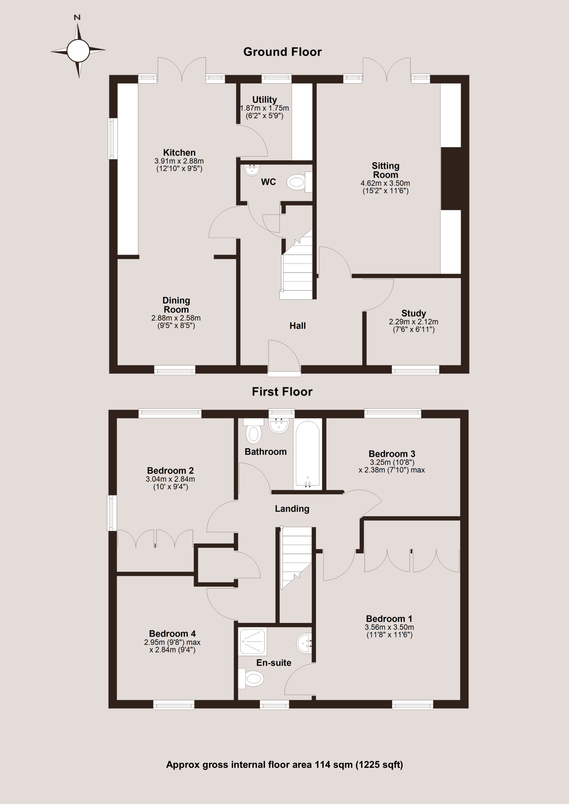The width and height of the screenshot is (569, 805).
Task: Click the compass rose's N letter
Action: pyautogui.click(x=77, y=18)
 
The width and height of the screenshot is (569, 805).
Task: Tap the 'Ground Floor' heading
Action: pyautogui.click(x=282, y=52)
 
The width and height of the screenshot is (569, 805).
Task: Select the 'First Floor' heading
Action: pyautogui.click(x=282, y=391)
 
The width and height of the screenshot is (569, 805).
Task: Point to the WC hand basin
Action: pyautogui.click(x=252, y=170)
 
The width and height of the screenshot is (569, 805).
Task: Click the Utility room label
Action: pyautogui.click(x=265, y=100)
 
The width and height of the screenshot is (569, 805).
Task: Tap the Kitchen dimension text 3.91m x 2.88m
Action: pyautogui.click(x=179, y=161)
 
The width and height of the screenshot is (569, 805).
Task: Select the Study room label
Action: pyautogui.click(x=414, y=313)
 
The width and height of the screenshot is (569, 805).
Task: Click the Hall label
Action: pyautogui.click(x=298, y=326)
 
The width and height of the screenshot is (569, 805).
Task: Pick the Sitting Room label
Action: pyautogui.click(x=386, y=170)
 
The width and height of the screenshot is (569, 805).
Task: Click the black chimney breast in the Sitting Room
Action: pyautogui.click(x=451, y=179)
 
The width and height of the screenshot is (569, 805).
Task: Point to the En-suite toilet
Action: pyautogui.click(x=251, y=678)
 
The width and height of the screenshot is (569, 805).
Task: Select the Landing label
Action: pyautogui.click(x=292, y=509)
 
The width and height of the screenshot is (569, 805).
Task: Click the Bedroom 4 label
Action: pyautogui.click(x=173, y=634)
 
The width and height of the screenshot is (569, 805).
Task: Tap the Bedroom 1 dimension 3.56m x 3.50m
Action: pyautogui.click(x=389, y=627)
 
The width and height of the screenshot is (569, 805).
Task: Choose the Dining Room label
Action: pyautogui.click(x=176, y=305)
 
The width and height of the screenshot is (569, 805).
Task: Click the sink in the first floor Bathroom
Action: pyautogui.click(x=279, y=425)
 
